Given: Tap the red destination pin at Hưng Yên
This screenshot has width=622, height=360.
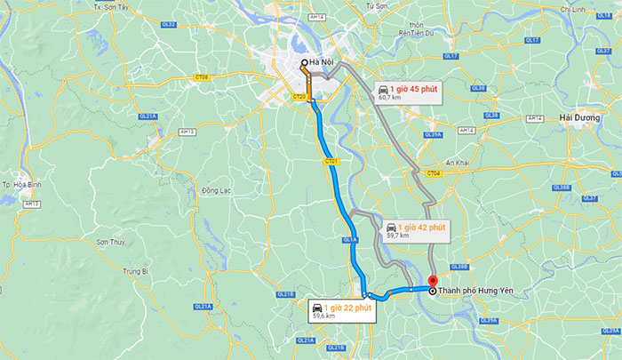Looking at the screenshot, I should [432, 283].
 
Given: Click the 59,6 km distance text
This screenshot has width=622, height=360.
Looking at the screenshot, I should [323, 316].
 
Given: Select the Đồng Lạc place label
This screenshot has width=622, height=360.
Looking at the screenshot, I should [217, 191].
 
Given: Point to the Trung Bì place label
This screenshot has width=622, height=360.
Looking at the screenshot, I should [135, 271].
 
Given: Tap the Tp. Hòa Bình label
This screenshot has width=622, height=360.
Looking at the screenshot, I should [19, 185].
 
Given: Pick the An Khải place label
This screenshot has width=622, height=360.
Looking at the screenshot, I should [457, 163].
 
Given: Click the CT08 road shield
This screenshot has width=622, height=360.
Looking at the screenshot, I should [202, 77].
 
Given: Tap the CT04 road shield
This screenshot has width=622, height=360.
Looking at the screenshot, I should [433, 173].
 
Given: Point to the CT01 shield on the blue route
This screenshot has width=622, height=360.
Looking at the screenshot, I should [331, 161].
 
